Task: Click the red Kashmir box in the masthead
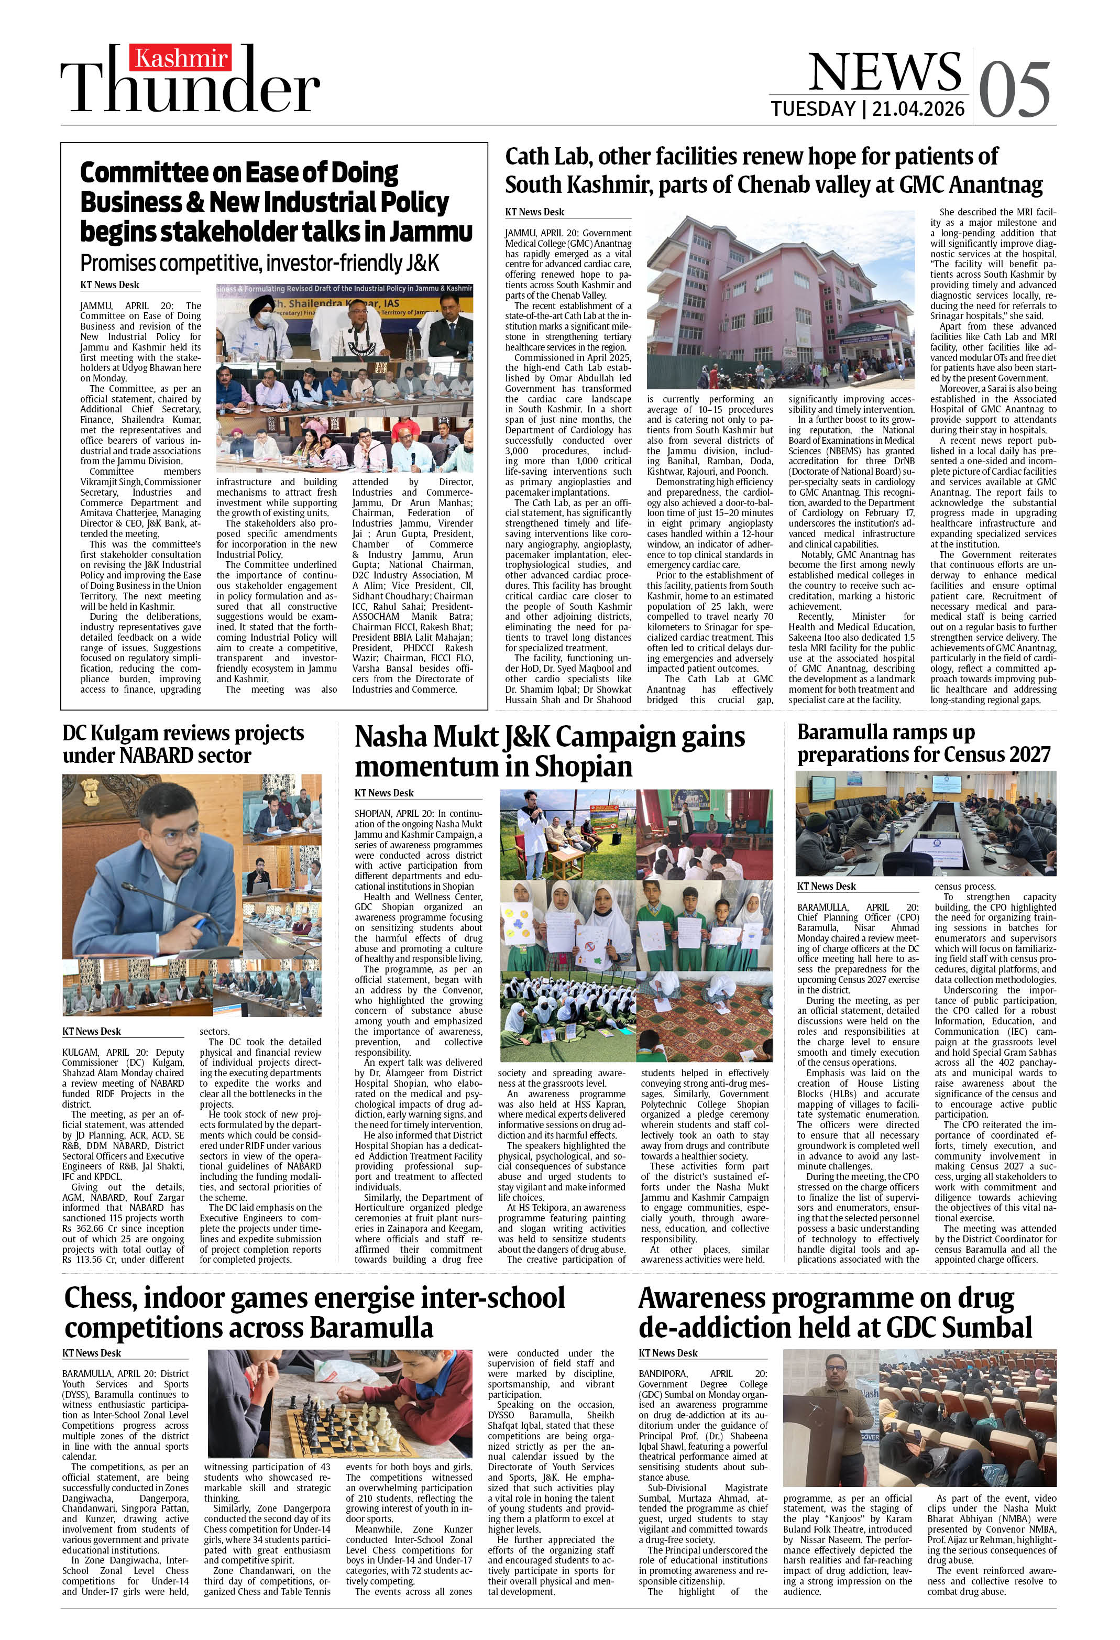[x=181, y=57]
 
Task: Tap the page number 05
[x=1015, y=89]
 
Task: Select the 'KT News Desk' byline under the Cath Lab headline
[x=534, y=212]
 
